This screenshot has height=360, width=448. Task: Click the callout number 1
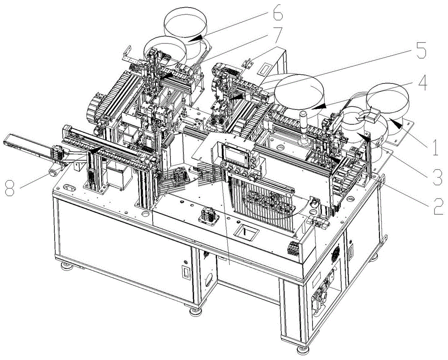[435, 147]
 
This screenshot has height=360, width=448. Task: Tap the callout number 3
[437, 177]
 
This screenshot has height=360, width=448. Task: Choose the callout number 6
[277, 12]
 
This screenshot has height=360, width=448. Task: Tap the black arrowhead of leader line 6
[195, 38]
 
